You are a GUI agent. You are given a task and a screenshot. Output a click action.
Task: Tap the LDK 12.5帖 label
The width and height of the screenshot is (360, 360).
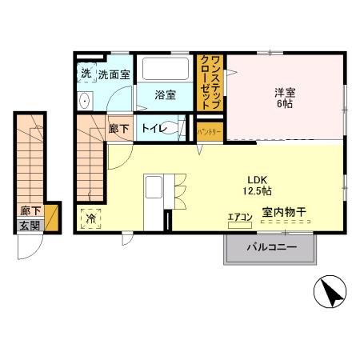[258, 185]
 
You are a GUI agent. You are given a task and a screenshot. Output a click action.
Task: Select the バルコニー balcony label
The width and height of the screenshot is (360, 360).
[271, 248]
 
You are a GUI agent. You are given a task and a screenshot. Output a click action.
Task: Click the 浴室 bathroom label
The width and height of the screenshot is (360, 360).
[166, 95]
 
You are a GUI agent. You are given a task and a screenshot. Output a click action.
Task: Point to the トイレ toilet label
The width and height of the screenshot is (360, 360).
[154, 128]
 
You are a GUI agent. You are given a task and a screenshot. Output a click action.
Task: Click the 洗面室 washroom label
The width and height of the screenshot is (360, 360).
[114, 74]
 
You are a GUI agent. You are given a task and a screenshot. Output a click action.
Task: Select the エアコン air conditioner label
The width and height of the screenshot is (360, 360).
[240, 217]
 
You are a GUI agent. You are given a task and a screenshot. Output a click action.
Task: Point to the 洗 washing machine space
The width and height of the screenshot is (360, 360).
[86, 74]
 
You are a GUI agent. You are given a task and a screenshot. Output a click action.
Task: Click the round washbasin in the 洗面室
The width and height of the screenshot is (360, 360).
[84, 100]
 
